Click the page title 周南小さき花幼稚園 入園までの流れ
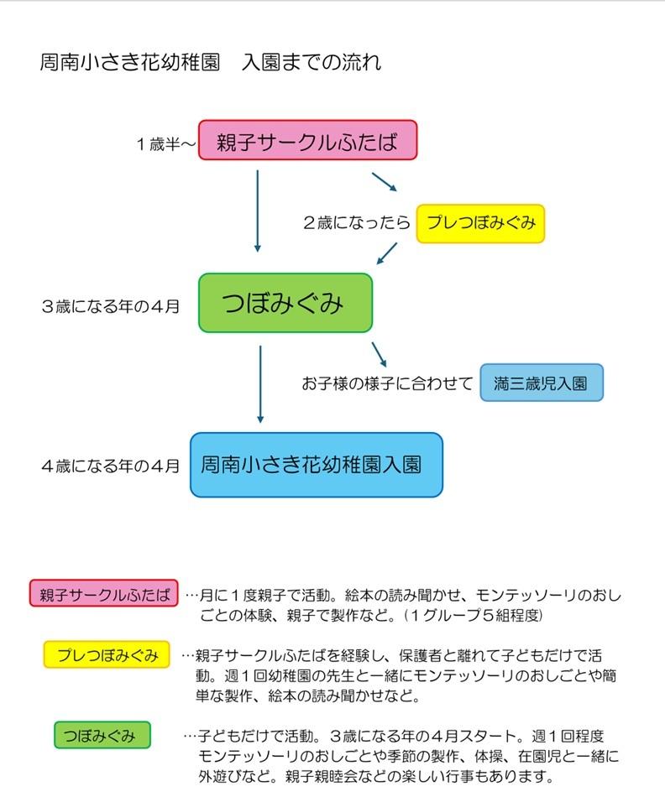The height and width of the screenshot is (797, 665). tap(210, 63)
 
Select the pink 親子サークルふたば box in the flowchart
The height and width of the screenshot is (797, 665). tap(307, 140)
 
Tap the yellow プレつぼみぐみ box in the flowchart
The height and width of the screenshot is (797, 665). tap(480, 224)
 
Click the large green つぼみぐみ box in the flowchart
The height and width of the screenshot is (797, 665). tap(285, 303)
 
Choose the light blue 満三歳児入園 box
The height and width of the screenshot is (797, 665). tap(542, 383)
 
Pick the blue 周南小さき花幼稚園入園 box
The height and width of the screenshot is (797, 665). tap(316, 464)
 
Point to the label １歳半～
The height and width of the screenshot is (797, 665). tap(166, 143)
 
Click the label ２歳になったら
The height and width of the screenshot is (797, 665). tap(356, 224)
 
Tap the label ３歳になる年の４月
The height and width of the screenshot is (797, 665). tap(110, 306)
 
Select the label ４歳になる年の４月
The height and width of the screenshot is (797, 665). tap(110, 466)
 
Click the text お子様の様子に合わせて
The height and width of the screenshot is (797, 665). tap(387, 384)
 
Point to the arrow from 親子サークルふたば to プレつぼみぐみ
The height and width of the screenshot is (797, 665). tap(384, 183)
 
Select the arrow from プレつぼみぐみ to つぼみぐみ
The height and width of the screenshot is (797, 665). tap(387, 252)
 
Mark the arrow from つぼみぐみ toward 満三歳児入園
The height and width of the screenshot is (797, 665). tap(380, 353)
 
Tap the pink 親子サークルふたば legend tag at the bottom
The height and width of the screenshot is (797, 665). tap(104, 593)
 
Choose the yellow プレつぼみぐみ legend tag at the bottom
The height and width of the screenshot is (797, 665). tap(107, 654)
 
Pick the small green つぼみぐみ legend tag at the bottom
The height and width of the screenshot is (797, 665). tap(102, 736)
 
